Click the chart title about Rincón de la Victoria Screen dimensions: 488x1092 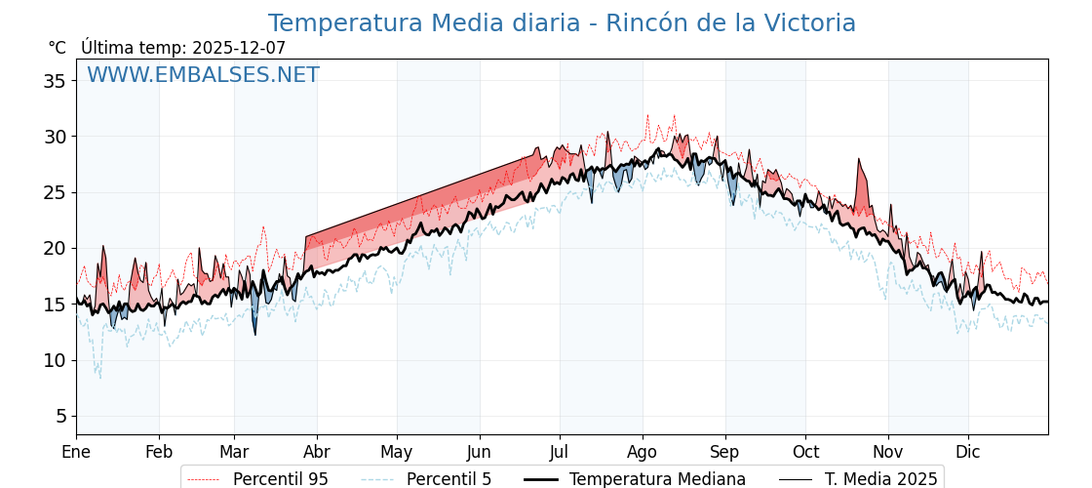point(562,23)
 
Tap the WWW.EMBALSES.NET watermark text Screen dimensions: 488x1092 point(203,75)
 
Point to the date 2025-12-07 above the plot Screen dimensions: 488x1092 point(239,48)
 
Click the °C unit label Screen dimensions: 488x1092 point(57,48)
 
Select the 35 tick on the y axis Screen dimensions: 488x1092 point(55,81)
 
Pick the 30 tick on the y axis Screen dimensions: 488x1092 point(55,137)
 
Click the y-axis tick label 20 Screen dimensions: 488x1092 point(55,249)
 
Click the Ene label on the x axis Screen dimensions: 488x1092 point(76,452)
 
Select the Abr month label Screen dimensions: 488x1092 point(317,452)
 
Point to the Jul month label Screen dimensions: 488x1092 point(560,452)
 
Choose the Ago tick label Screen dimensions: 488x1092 point(643,452)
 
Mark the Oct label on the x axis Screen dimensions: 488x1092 point(805,452)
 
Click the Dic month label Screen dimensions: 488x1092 point(968,452)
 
